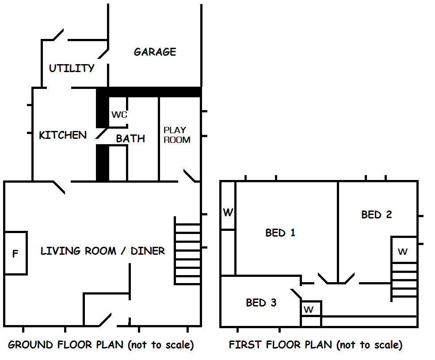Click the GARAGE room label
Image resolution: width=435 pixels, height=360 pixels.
click(x=155, y=52)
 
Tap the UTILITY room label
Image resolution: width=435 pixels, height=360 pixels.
click(x=72, y=68)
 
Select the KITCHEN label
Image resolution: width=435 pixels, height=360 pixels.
click(x=63, y=135)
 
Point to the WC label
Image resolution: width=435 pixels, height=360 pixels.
click(x=119, y=115)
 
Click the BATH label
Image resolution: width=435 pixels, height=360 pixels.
click(x=130, y=139)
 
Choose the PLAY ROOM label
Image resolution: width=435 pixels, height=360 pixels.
click(x=177, y=135)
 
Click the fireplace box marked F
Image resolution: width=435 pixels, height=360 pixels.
click(x=15, y=253)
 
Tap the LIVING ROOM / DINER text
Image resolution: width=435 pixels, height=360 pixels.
click(x=103, y=251)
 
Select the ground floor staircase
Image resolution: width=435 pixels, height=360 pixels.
click(x=188, y=251)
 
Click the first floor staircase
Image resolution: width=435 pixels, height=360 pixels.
click(x=404, y=280)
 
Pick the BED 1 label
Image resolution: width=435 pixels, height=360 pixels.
click(x=280, y=233)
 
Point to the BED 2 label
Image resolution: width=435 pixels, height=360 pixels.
click(x=376, y=215)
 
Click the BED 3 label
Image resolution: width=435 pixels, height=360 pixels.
click(x=261, y=303)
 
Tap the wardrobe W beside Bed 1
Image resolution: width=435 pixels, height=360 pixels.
click(x=228, y=213)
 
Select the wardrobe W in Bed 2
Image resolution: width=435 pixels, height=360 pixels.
click(x=403, y=252)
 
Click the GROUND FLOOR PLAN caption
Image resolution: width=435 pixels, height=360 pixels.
click(x=101, y=345)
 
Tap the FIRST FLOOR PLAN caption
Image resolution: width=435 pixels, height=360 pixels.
click(x=316, y=345)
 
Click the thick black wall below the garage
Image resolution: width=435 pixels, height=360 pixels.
click(x=150, y=92)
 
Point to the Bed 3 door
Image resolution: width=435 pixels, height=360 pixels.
click(x=296, y=294)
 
